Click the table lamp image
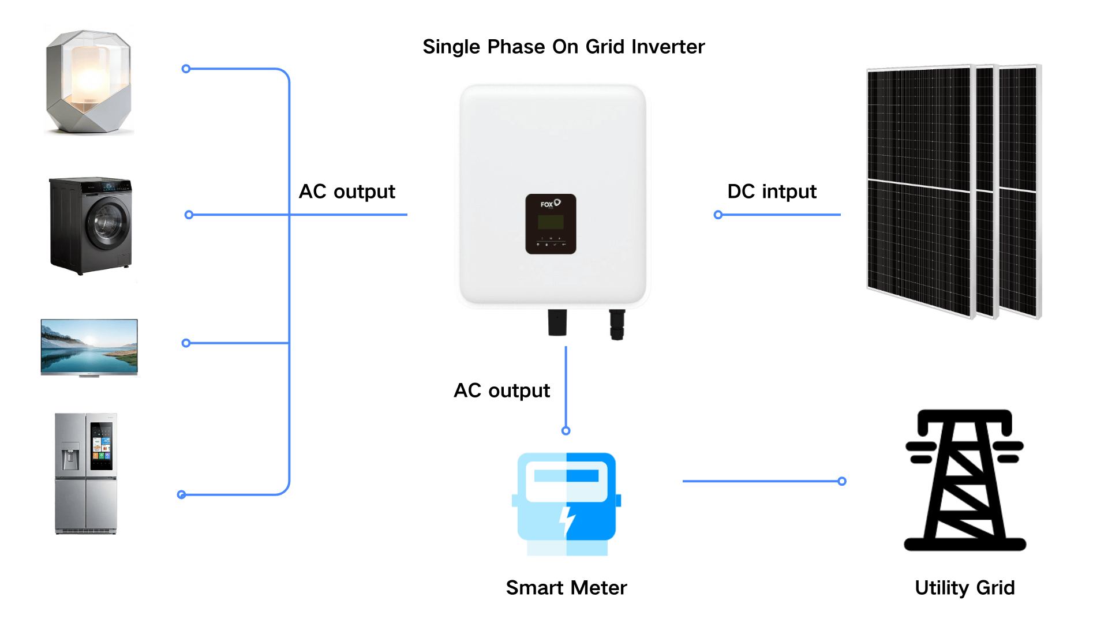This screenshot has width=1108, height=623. (89, 81)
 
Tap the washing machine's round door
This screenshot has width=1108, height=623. (108, 224)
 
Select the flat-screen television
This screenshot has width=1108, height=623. (89, 347)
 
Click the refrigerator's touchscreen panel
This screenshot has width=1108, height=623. (102, 445)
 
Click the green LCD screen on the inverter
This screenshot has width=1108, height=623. (551, 222)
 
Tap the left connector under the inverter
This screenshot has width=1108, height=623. (557, 322)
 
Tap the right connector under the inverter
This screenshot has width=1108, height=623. (617, 324)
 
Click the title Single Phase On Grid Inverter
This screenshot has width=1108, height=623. (563, 47)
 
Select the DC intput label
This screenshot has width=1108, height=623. (772, 192)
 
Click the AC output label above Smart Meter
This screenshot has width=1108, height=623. (501, 391)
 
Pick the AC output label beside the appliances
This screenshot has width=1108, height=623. (347, 192)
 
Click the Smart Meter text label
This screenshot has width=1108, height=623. (566, 588)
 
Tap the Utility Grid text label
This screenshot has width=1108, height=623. (964, 588)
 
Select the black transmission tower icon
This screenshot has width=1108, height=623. (964, 480)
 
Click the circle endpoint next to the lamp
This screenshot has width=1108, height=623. (186, 69)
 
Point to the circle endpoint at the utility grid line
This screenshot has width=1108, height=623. (842, 481)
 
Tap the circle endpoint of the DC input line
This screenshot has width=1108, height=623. (718, 215)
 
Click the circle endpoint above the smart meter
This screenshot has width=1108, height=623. (566, 431)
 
